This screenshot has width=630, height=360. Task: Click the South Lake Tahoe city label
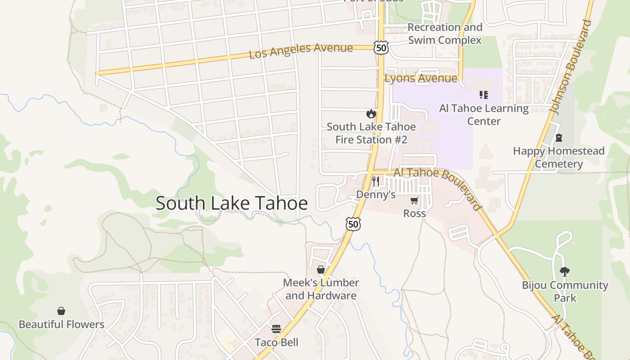(x=232, y=203)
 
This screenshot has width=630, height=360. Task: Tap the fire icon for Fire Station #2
(x=371, y=113)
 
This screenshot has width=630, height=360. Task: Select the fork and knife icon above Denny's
(x=376, y=181)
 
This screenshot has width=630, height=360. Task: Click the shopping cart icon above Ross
(x=414, y=200)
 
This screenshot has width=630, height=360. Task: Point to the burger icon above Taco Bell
(x=276, y=329)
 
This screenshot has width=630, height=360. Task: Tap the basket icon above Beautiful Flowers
(x=61, y=311)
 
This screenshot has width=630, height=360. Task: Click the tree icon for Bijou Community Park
(x=564, y=271)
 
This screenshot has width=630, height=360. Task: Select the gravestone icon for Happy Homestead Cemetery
(x=558, y=138)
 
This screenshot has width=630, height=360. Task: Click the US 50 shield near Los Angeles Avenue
(x=381, y=48)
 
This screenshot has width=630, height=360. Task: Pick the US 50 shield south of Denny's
(x=353, y=224)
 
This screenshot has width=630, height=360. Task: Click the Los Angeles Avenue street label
(x=301, y=51)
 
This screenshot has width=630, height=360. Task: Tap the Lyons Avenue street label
(x=421, y=78)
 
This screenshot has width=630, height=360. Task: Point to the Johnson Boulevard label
(x=570, y=67)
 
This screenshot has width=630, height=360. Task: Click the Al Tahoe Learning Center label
(x=484, y=115)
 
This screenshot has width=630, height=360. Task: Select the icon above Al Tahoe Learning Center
(x=484, y=95)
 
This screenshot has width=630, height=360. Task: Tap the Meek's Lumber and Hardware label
(x=321, y=289)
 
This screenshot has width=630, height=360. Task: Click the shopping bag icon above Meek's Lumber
(x=321, y=270)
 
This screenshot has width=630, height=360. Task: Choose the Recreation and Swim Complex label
(x=445, y=34)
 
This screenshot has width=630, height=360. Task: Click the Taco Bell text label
(x=276, y=342)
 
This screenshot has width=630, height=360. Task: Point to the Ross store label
(x=414, y=213)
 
